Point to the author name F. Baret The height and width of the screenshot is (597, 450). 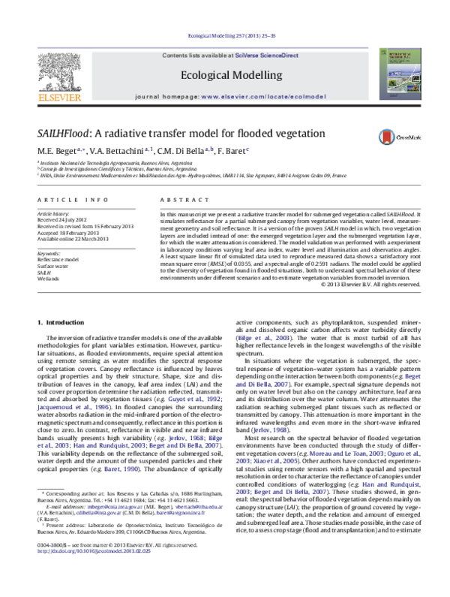[232, 151]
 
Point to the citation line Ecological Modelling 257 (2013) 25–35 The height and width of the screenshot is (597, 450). [224, 35]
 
